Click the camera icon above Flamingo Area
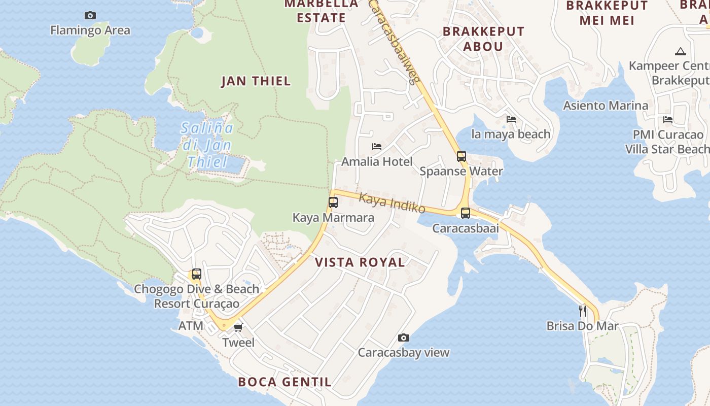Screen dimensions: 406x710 coord(90,16)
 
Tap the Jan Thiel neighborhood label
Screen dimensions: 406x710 coord(256,81)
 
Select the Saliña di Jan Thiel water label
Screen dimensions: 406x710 coord(207,145)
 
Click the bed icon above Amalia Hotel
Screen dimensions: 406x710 coord(377,147)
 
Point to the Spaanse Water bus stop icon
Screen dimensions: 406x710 coord(461,156)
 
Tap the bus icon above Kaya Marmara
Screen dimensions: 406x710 coord(333,202)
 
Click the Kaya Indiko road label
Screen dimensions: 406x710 coord(392,203)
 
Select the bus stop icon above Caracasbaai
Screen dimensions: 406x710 coord(466,213)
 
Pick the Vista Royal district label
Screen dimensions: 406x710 coord(360,262)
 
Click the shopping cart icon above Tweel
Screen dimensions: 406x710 coord(238,327)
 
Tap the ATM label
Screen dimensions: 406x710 coord(191,326)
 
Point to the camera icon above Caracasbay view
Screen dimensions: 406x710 coord(404,338)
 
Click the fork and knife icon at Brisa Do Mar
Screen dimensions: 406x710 coord(583,311)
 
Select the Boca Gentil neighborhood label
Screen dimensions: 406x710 coord(285,382)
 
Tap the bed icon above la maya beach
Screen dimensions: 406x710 coord(511,119)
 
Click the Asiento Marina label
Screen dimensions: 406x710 coord(606,106)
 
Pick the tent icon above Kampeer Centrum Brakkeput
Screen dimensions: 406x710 coord(680,51)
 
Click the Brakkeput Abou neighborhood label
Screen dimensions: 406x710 coord(483,39)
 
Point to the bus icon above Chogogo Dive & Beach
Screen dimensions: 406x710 coord(197,274)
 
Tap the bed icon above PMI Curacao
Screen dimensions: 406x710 coord(668,120)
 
